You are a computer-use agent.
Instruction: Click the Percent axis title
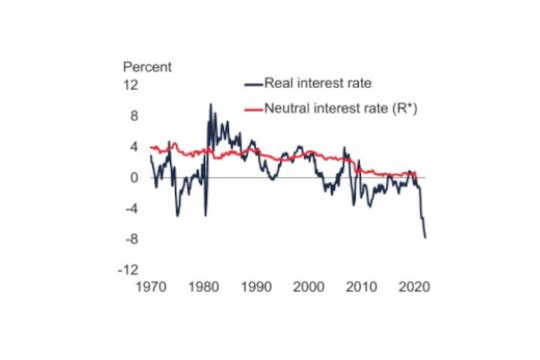pyautogui.click(x=147, y=67)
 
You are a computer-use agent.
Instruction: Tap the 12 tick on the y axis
pyautogui.click(x=131, y=85)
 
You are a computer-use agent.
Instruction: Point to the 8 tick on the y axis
pyautogui.click(x=134, y=116)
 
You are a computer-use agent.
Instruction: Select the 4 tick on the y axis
pyautogui.click(x=134, y=147)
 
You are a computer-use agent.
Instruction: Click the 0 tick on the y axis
pyautogui.click(x=134, y=178)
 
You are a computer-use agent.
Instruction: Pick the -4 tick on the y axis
pyautogui.click(x=131, y=209)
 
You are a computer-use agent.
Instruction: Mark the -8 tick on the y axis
pyautogui.click(x=131, y=239)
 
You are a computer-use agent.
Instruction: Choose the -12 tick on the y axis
pyautogui.click(x=129, y=271)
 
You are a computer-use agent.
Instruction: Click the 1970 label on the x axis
pyautogui.click(x=151, y=287)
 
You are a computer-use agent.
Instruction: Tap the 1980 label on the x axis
pyautogui.click(x=204, y=287)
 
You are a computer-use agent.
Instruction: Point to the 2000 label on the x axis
pyautogui.click(x=310, y=287)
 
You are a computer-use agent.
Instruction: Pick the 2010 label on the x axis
pyautogui.click(x=362, y=287)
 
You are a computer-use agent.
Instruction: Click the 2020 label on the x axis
pyautogui.click(x=415, y=287)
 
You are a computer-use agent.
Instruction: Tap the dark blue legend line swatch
pyautogui.click(x=254, y=83)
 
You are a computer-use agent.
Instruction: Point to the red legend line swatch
pyautogui.click(x=254, y=109)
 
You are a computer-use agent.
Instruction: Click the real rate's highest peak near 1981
pyautogui.click(x=210, y=104)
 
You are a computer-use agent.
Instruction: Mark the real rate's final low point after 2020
pyautogui.click(x=425, y=238)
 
